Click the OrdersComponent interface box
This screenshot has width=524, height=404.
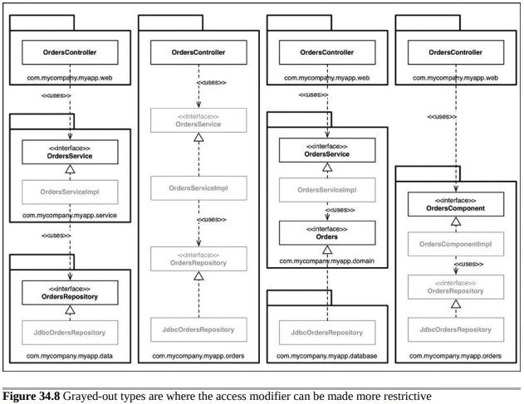(456, 204)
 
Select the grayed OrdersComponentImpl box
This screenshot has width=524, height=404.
(456, 244)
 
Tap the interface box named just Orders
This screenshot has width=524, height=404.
(327, 233)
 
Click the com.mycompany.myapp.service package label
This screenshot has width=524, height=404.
(70, 216)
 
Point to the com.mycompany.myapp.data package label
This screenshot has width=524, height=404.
(70, 356)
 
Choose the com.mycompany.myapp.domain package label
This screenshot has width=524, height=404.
(327, 260)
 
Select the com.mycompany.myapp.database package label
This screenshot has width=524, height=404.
(327, 356)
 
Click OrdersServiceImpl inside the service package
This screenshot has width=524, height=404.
(70, 192)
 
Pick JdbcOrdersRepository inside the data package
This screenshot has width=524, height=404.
(70, 333)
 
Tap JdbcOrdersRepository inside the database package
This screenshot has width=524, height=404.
(327, 333)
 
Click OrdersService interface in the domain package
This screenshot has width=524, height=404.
(327, 150)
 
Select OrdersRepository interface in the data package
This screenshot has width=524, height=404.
(70, 293)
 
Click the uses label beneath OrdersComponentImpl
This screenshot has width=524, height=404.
(468, 264)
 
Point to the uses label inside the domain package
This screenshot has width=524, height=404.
(340, 210)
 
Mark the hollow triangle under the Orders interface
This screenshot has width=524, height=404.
(327, 250)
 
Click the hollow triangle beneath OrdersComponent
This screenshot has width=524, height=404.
(456, 221)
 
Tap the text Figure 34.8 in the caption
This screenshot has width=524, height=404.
(32, 397)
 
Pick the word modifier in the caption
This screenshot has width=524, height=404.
(270, 397)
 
